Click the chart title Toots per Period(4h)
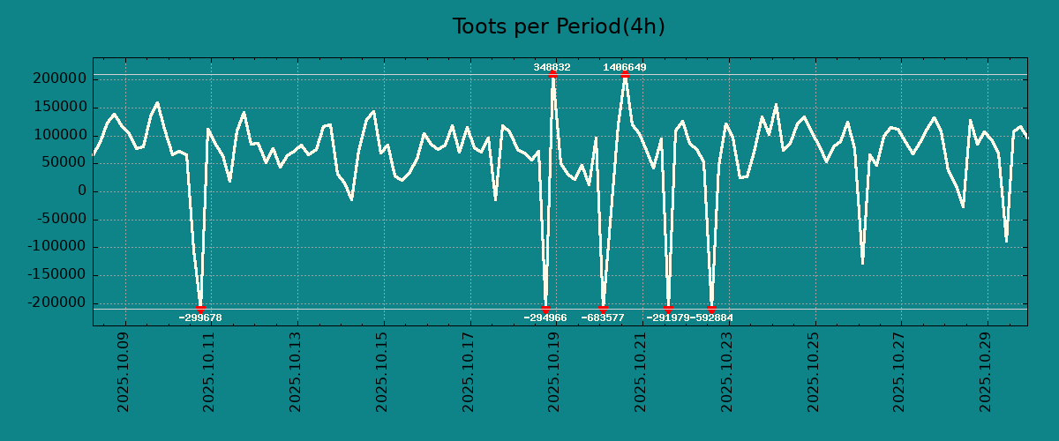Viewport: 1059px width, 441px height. (558, 27)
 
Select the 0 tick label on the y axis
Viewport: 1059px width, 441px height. (82, 191)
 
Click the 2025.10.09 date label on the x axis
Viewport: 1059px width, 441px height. (124, 371)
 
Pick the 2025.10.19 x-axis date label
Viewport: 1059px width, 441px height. (554, 371)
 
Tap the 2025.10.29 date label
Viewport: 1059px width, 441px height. (985, 371)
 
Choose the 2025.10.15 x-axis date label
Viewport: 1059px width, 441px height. (382, 371)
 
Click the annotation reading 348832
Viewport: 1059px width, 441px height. (552, 68)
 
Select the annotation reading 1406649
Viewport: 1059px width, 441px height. (625, 68)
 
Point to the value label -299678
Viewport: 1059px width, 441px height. (200, 318)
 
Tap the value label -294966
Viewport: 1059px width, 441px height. (545, 318)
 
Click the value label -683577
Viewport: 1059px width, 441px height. (603, 318)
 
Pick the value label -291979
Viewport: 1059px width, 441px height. (667, 318)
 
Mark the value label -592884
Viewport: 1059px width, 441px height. (712, 318)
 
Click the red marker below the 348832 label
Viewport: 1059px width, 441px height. (552, 75)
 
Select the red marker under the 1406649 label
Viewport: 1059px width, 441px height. (625, 75)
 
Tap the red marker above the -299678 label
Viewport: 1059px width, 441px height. (200, 310)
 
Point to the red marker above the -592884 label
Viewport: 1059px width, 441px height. (711, 310)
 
